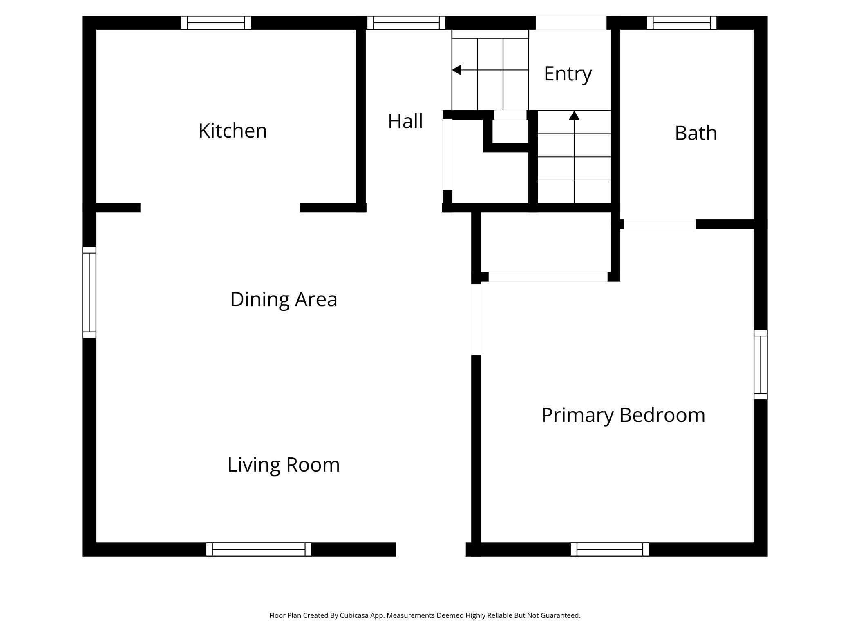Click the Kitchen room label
pos(233,131)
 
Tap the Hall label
pos(405,121)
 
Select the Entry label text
pos(568,74)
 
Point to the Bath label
pos(696,133)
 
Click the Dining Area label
pos(284,299)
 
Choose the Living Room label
pos(284,465)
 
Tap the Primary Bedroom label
pos(623,415)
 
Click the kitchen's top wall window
pos(216,23)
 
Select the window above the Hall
pos(406,23)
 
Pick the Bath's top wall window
pos(682,23)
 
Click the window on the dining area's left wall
pos(89,292)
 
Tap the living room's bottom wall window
pos(259,549)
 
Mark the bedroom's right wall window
pos(761,365)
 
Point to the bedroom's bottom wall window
pos(610,549)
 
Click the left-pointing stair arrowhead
pos(456,70)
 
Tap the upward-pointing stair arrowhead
pos(574,116)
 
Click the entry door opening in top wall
pos(571,23)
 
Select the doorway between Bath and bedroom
pos(659,224)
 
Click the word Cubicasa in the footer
pos(354,615)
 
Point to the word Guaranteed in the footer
pos(559,615)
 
